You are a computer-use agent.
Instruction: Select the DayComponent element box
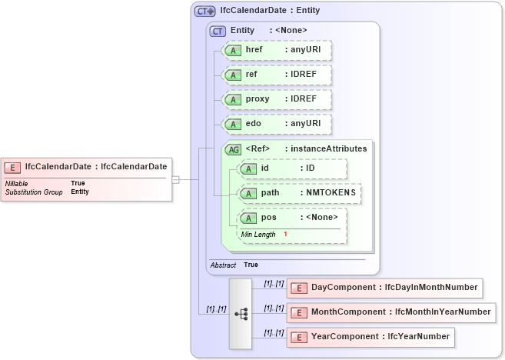pyautogui.click(x=384, y=288)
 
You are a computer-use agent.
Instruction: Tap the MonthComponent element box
pyautogui.click(x=390, y=312)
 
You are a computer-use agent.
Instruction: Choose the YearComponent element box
pyautogui.click(x=370, y=337)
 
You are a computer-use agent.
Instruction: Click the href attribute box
pyautogui.click(x=276, y=50)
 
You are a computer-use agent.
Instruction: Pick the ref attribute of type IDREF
pyautogui.click(x=276, y=75)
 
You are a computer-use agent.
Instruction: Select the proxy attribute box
pyautogui.click(x=276, y=99)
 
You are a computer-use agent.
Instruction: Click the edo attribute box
pyautogui.click(x=276, y=124)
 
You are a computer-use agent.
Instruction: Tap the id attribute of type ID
pyautogui.click(x=292, y=168)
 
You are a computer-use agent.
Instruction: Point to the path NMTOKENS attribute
pyautogui.click(x=300, y=193)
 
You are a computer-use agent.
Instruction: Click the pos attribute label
pyautogui.click(x=269, y=217)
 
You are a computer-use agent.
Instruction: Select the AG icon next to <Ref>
pyautogui.click(x=232, y=149)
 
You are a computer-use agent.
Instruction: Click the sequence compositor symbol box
pyautogui.click(x=241, y=314)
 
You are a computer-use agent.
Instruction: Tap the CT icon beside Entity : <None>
pyautogui.click(x=218, y=31)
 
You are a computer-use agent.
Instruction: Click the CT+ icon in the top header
pyautogui.click(x=204, y=11)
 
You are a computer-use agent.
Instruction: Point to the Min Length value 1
pyautogui.click(x=285, y=234)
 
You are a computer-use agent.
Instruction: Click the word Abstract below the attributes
pyautogui.click(x=223, y=265)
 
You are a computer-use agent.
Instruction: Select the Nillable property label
pyautogui.click(x=17, y=183)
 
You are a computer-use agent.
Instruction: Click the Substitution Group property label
pyautogui.click(x=34, y=192)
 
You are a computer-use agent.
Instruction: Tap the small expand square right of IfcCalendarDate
pyautogui.click(x=175, y=179)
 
